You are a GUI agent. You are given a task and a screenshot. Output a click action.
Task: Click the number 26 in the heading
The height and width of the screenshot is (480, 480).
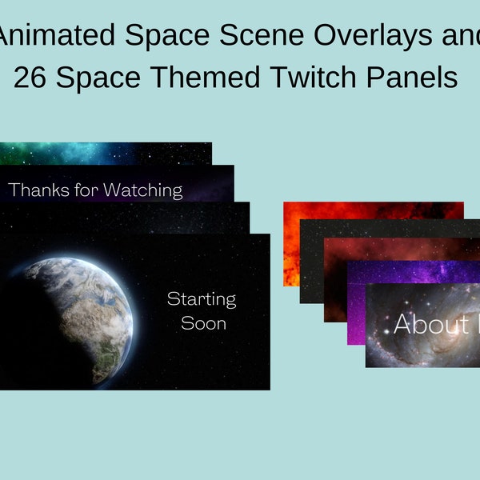tap(30, 78)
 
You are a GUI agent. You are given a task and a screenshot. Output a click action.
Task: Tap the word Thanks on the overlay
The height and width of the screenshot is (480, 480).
tap(38, 190)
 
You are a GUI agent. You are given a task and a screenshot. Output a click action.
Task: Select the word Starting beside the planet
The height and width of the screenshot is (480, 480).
tap(202, 299)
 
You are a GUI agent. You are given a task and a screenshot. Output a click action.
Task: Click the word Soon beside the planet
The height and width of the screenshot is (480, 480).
tap(203, 323)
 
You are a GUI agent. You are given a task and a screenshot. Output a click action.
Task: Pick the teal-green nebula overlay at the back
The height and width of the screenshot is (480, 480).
tap(104, 152)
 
